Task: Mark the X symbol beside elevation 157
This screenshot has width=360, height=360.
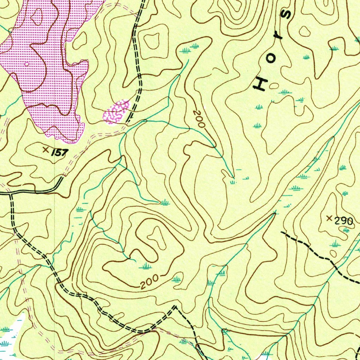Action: pyautogui.click(x=45, y=150)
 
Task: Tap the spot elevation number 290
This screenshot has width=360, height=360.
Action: pyautogui.click(x=343, y=221)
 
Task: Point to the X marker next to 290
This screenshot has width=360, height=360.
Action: pyautogui.click(x=329, y=218)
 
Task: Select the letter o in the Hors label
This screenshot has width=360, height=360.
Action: pyautogui.click(x=271, y=59)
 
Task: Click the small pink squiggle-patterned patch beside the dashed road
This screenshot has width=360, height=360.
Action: pyautogui.click(x=116, y=112)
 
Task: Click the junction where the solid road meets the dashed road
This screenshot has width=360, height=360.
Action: pyautogui.click(x=11, y=193)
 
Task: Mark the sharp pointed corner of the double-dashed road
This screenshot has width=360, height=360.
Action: pyautogui.click(x=174, y=307)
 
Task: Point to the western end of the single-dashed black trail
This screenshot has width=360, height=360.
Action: pyautogui.click(x=282, y=232)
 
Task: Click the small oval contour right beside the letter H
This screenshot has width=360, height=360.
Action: pyautogui.click(x=274, y=85)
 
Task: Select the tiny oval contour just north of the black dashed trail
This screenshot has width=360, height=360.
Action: pyautogui.click(x=333, y=253)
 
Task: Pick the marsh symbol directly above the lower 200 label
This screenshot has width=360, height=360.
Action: pyautogui.click(x=145, y=266)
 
